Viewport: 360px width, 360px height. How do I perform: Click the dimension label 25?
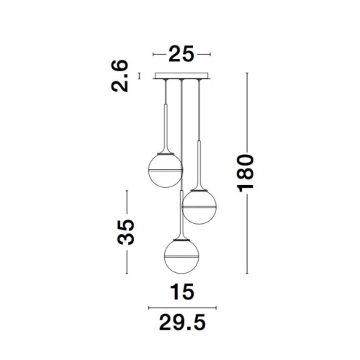pos(181,53)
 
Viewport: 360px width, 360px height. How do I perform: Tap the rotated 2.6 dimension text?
pos(120,76)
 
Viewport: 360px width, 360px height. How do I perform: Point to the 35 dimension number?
pos(126,232)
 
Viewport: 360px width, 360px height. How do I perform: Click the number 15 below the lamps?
pos(182,292)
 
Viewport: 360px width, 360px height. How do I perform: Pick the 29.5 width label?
pos(182,323)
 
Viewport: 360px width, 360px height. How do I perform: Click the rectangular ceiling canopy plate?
pos(181,76)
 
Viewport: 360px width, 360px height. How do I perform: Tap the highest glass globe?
pos(166,170)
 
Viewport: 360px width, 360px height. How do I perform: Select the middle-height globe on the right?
pos(199,207)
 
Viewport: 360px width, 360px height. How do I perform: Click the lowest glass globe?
pos(181,256)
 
